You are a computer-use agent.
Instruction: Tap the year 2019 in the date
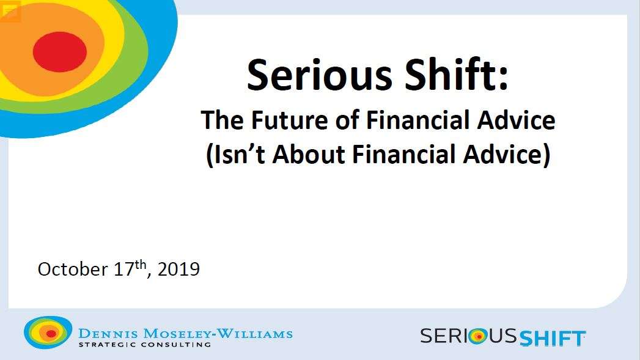click(178, 270)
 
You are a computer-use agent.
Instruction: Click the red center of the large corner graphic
click(59, 51)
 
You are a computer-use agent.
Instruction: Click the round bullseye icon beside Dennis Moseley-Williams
click(48, 332)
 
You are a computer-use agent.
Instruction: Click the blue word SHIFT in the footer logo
click(553, 338)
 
